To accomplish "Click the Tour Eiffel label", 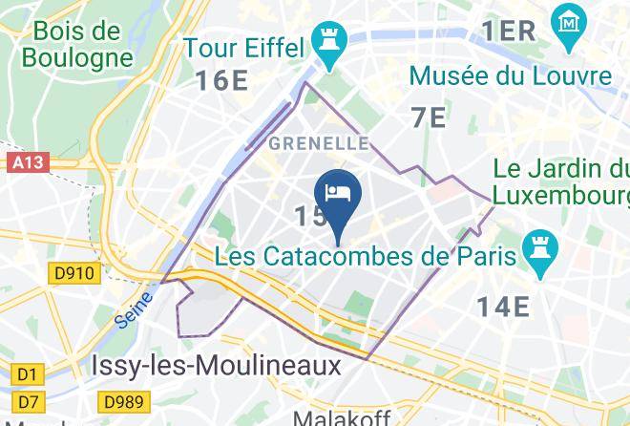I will pyautogui.click(x=244, y=47).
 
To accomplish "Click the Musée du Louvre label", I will pyautogui.click(x=510, y=75).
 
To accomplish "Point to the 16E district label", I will pyautogui.click(x=222, y=80).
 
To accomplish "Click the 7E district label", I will pyautogui.click(x=429, y=117).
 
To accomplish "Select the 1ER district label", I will pyautogui.click(x=508, y=31).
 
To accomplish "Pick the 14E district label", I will pyautogui.click(x=503, y=307).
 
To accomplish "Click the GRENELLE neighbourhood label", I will pyautogui.click(x=320, y=143).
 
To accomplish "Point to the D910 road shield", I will pyautogui.click(x=74, y=274).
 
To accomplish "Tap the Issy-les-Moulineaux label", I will pyautogui.click(x=216, y=366).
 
